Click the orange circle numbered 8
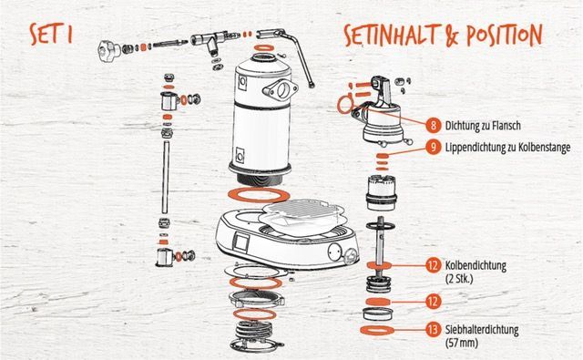pyautogui.click(x=434, y=126)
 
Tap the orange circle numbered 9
pyautogui.click(x=434, y=148)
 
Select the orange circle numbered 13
pyautogui.click(x=434, y=330)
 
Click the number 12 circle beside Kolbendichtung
pyautogui.click(x=434, y=265)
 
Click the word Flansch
pyautogui.click(x=506, y=126)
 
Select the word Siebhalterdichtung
pyautogui.click(x=482, y=330)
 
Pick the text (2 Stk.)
pyautogui.click(x=459, y=278)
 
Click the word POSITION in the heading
pyautogui.click(x=505, y=35)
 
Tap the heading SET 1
pyautogui.click(x=51, y=34)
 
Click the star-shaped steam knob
pyautogui.click(x=107, y=51)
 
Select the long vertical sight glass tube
pyautogui.click(x=166, y=177)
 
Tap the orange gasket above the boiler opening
pyautogui.click(x=263, y=48)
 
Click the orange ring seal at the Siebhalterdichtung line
pyautogui.click(x=377, y=330)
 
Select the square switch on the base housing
pyautogui.click(x=240, y=242)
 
